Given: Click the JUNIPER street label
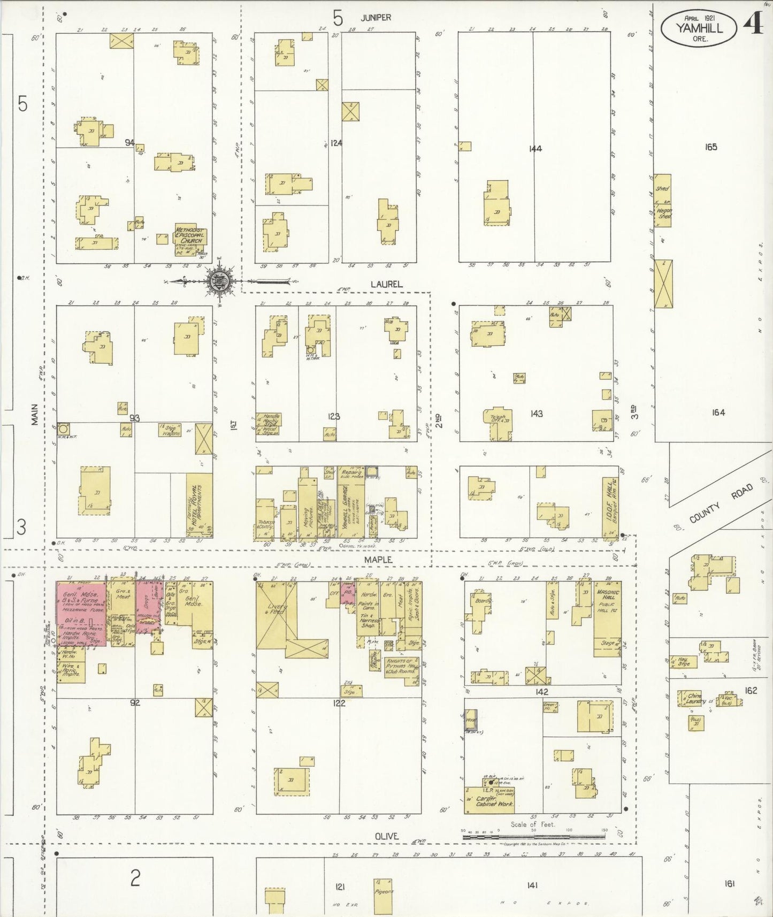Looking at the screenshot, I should pos(376,18).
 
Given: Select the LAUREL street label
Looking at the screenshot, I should pos(387,285).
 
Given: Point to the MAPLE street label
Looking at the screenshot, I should pos(378,559).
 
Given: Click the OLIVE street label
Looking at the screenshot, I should pos(386,836).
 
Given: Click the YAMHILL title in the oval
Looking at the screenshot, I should pos(699,28).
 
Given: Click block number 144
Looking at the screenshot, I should pos(535,149).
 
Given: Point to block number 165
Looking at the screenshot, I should pos(710,147).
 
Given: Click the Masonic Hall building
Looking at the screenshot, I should pos(607,618).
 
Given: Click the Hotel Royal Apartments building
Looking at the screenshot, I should pos(198,505).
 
